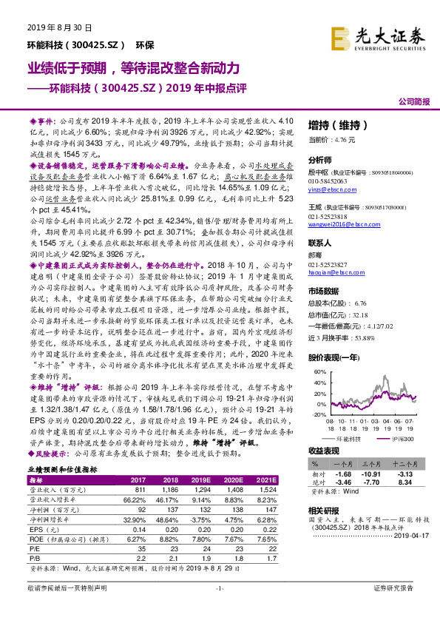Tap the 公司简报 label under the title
(x=414, y=100)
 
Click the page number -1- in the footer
(x=219, y=608)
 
